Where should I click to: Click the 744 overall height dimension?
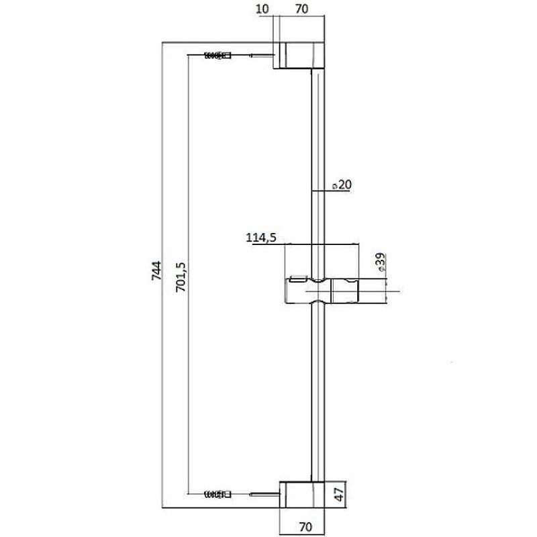point(156,272)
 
